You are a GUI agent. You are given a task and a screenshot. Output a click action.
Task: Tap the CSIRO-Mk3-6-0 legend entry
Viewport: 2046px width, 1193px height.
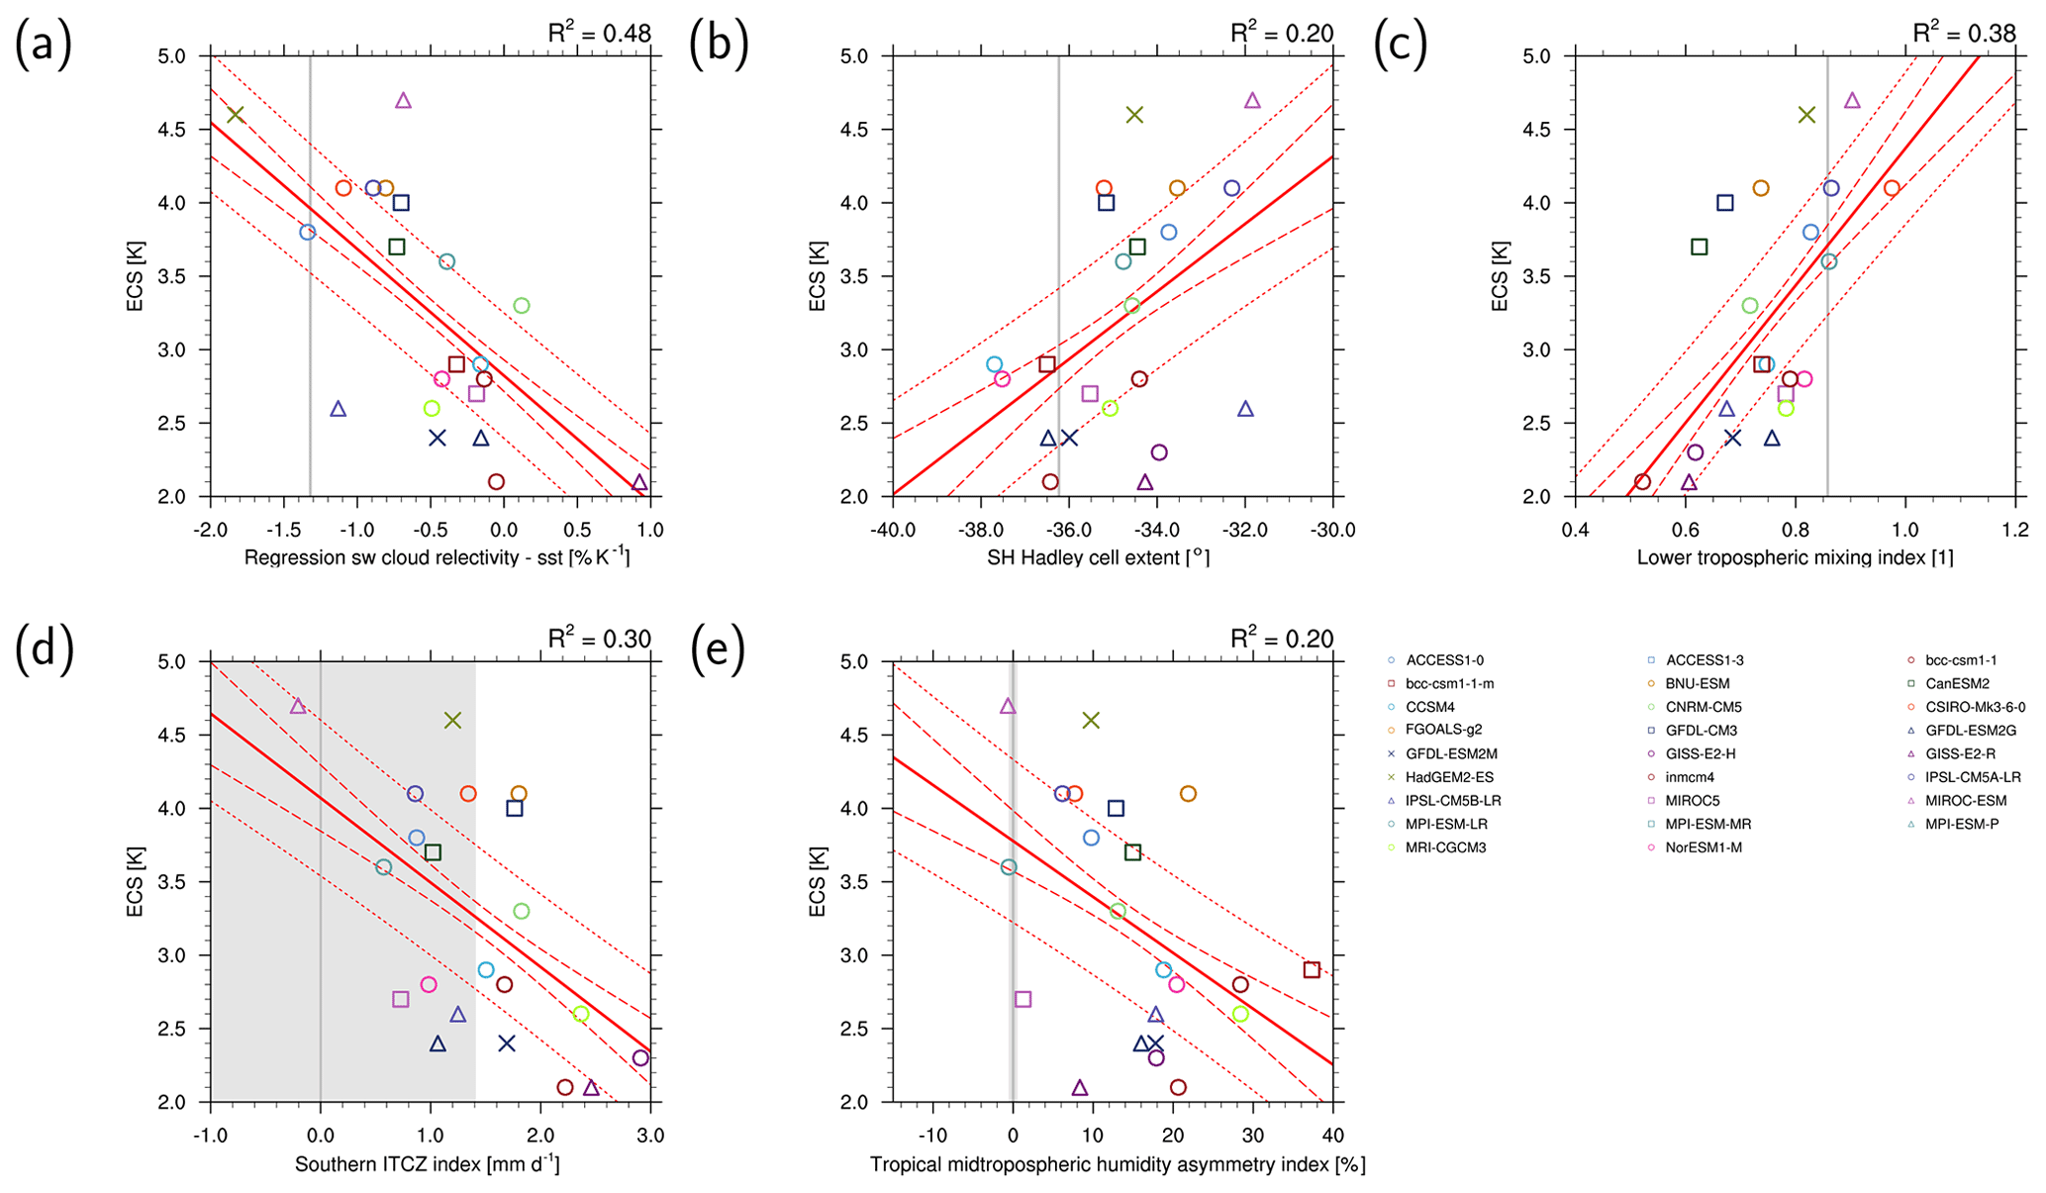1975,707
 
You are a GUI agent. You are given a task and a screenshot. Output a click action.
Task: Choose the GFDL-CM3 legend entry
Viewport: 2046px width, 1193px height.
1701,731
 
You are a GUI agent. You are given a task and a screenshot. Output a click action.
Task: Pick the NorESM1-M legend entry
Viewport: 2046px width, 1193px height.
1703,847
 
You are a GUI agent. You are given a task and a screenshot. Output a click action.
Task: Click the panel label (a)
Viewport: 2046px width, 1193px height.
44,46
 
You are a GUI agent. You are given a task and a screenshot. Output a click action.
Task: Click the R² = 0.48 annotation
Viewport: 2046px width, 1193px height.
600,33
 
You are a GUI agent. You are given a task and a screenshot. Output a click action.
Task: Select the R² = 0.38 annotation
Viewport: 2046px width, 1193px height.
1964,33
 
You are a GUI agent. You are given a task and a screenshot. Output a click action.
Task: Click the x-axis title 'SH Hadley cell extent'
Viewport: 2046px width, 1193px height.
1098,557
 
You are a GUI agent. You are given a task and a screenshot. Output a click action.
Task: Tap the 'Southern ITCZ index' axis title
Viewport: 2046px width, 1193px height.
428,1164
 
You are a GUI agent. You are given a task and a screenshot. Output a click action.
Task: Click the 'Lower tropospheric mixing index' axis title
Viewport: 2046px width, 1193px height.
1795,557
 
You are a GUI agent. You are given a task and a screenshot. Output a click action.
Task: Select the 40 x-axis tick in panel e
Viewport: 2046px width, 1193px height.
1332,1135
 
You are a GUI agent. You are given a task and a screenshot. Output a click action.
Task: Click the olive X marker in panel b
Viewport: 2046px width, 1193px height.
1134,115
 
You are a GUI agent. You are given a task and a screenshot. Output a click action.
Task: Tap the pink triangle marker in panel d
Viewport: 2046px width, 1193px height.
298,706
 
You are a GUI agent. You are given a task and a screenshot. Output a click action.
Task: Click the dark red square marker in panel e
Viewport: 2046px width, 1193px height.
1312,970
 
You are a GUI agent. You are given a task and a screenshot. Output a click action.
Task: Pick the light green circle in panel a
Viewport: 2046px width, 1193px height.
522,306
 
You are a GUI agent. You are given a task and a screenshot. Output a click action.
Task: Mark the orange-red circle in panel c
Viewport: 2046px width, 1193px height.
1892,188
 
